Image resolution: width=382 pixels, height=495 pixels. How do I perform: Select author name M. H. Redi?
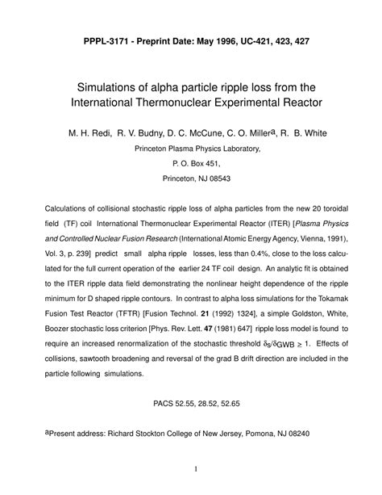[x=80, y=132]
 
